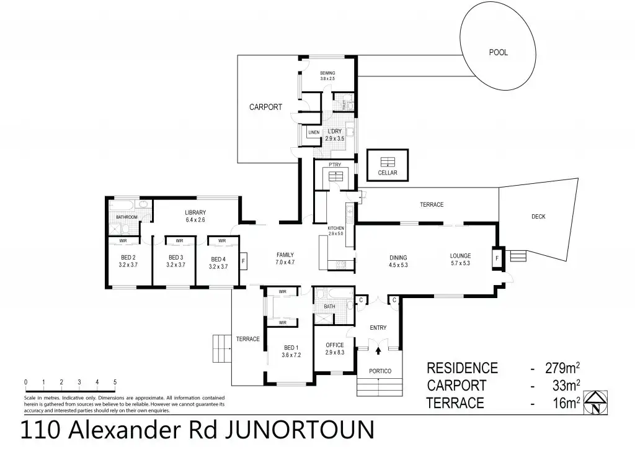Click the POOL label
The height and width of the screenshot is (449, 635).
(498, 53)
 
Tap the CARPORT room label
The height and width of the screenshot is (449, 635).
(265, 107)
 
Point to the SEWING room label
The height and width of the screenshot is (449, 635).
(327, 73)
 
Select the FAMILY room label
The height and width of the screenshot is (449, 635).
(285, 255)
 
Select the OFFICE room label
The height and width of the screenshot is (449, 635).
(335, 345)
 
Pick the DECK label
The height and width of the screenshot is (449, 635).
(538, 216)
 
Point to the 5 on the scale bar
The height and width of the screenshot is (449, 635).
(115, 382)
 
